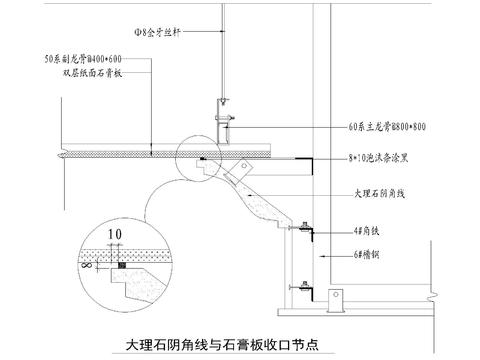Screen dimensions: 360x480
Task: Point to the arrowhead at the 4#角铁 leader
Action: (313, 231)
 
